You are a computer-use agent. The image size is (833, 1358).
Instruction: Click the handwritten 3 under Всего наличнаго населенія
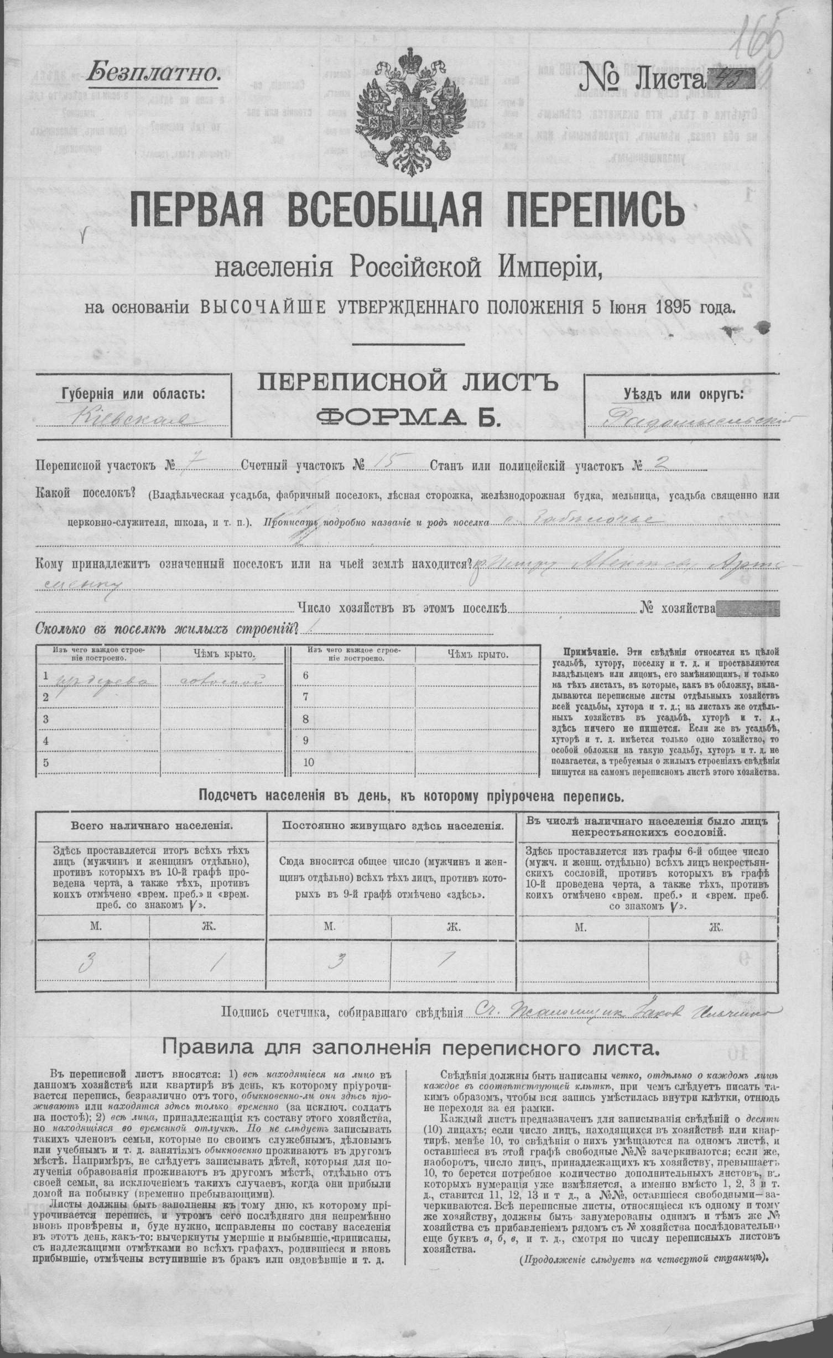pos(86,964)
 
